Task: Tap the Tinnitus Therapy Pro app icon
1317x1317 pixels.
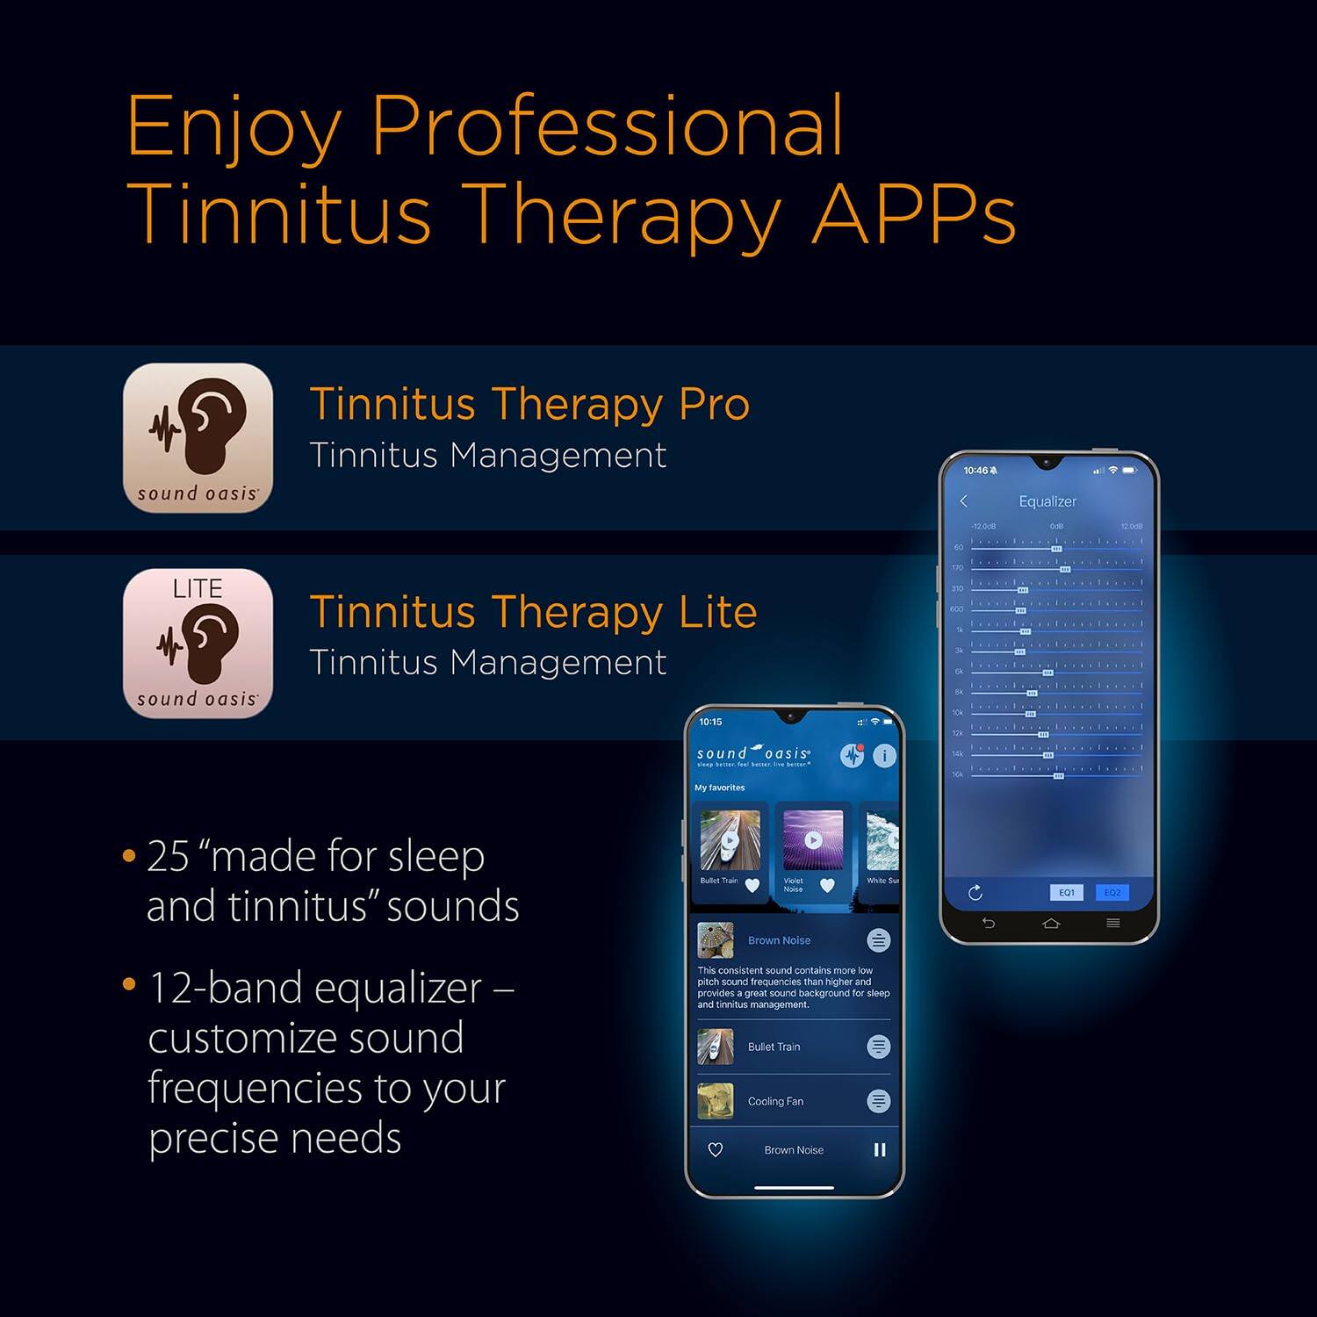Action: [x=198, y=437]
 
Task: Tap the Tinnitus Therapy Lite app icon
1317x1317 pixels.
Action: [x=198, y=643]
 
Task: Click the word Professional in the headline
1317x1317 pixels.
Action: [x=607, y=127]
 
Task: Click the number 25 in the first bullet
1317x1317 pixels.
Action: [x=168, y=856]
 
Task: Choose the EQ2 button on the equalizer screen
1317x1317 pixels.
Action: [x=1112, y=892]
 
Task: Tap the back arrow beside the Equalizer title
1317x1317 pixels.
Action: [x=964, y=500]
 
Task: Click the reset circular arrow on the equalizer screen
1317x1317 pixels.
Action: [x=975, y=893]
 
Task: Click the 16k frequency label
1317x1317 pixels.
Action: [x=957, y=774]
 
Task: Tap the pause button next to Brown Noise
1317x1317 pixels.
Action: [x=880, y=1149]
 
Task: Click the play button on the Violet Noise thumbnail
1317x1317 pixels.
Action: [x=813, y=840]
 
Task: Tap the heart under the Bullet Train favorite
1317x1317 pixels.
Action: [x=752, y=885]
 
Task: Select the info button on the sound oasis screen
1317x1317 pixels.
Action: [x=884, y=755]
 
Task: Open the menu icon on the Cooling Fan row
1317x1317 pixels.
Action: [x=878, y=1101]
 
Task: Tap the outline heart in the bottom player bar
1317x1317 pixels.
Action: [x=716, y=1149]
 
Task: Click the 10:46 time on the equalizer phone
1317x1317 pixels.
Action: [x=975, y=471]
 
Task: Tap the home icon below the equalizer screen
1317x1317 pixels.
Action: [x=1051, y=923]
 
